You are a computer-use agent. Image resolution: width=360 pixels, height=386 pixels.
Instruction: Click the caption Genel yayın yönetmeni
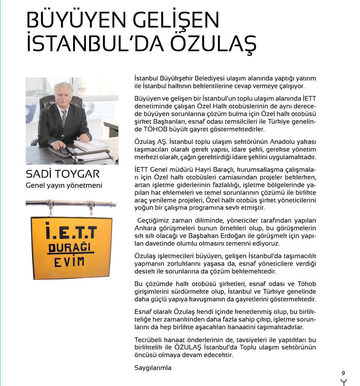point(64,185)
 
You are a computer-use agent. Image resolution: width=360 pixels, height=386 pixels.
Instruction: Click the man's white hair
point(63,87)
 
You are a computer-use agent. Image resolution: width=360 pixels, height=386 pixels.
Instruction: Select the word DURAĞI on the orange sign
point(71,248)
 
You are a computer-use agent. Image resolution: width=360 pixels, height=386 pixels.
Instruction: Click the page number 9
point(343,373)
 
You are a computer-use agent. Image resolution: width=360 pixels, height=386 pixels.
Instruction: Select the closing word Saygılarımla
point(153,368)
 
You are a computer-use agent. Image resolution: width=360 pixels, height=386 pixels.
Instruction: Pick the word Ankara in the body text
point(144,228)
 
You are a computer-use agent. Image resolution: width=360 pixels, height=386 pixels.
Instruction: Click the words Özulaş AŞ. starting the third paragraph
point(149,142)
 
